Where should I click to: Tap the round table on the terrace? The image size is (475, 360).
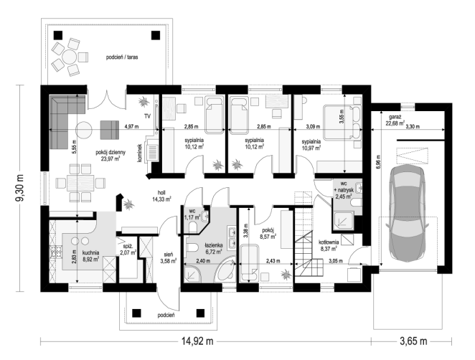tap(70, 57)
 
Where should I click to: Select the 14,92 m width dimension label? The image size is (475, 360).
tap(197, 341)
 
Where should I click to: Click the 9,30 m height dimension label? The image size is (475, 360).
tap(21, 187)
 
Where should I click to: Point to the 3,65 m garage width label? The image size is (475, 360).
tap(413, 341)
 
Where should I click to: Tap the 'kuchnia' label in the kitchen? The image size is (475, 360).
tap(90, 252)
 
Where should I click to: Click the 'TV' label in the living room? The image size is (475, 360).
tap(148, 116)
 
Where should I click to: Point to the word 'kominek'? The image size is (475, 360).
tap(140, 153)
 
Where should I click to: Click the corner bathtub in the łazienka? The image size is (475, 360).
tap(225, 270)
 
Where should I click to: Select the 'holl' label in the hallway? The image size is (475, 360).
tap(161, 193)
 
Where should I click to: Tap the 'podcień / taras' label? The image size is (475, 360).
tap(122, 57)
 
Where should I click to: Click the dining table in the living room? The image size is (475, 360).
tap(80, 183)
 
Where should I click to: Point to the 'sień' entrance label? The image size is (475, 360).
tap(168, 255)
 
